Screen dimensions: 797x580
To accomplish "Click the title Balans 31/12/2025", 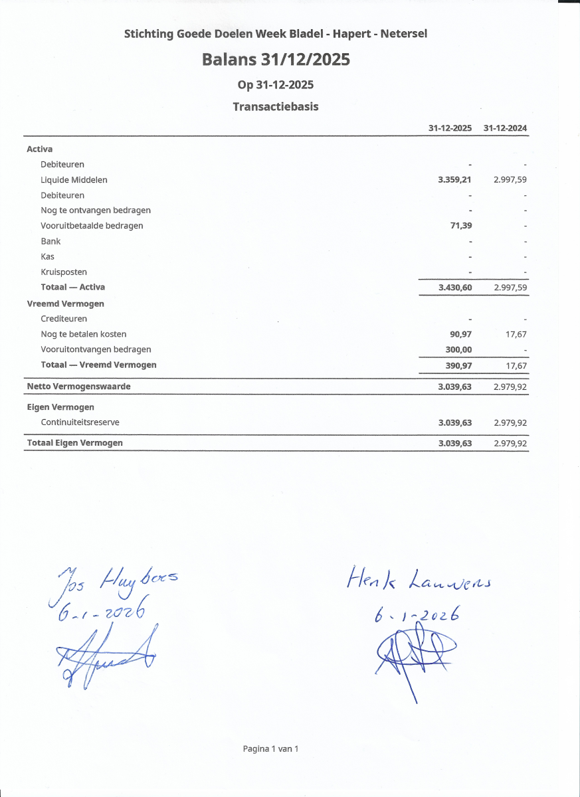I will click(x=276, y=60).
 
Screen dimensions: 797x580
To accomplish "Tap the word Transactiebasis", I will click(x=276, y=106).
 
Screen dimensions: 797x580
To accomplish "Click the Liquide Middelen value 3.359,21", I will click(x=454, y=179).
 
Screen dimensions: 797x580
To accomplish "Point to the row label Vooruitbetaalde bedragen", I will click(x=92, y=226).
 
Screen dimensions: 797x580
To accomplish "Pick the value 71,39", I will click(x=461, y=226).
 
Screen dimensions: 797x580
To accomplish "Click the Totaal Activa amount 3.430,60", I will click(x=454, y=288).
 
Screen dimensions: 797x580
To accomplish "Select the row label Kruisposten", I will click(x=64, y=272).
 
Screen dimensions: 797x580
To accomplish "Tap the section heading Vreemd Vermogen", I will click(x=65, y=304).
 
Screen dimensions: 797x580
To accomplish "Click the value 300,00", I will click(x=458, y=349).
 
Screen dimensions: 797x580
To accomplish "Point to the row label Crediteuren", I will click(x=64, y=319).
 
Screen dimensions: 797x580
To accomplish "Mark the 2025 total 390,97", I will click(x=458, y=365).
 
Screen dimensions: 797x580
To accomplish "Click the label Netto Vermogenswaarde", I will click(x=78, y=386).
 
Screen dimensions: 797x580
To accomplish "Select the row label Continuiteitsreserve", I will click(x=80, y=422).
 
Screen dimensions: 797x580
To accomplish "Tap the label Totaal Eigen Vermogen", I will click(x=74, y=442).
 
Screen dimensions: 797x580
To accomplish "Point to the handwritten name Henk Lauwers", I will click(x=419, y=581).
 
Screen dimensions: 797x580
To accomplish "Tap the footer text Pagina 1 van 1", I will click(x=270, y=749).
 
